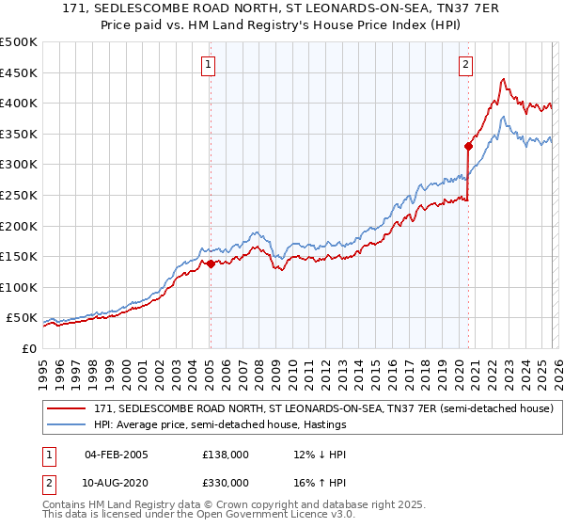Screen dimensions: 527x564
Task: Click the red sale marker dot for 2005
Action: (210, 264)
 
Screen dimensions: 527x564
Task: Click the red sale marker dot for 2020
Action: (467, 146)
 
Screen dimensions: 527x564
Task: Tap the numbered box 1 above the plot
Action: (207, 65)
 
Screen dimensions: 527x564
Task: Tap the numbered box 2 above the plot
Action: (465, 65)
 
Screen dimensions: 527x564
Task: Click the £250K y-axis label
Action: (20, 196)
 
